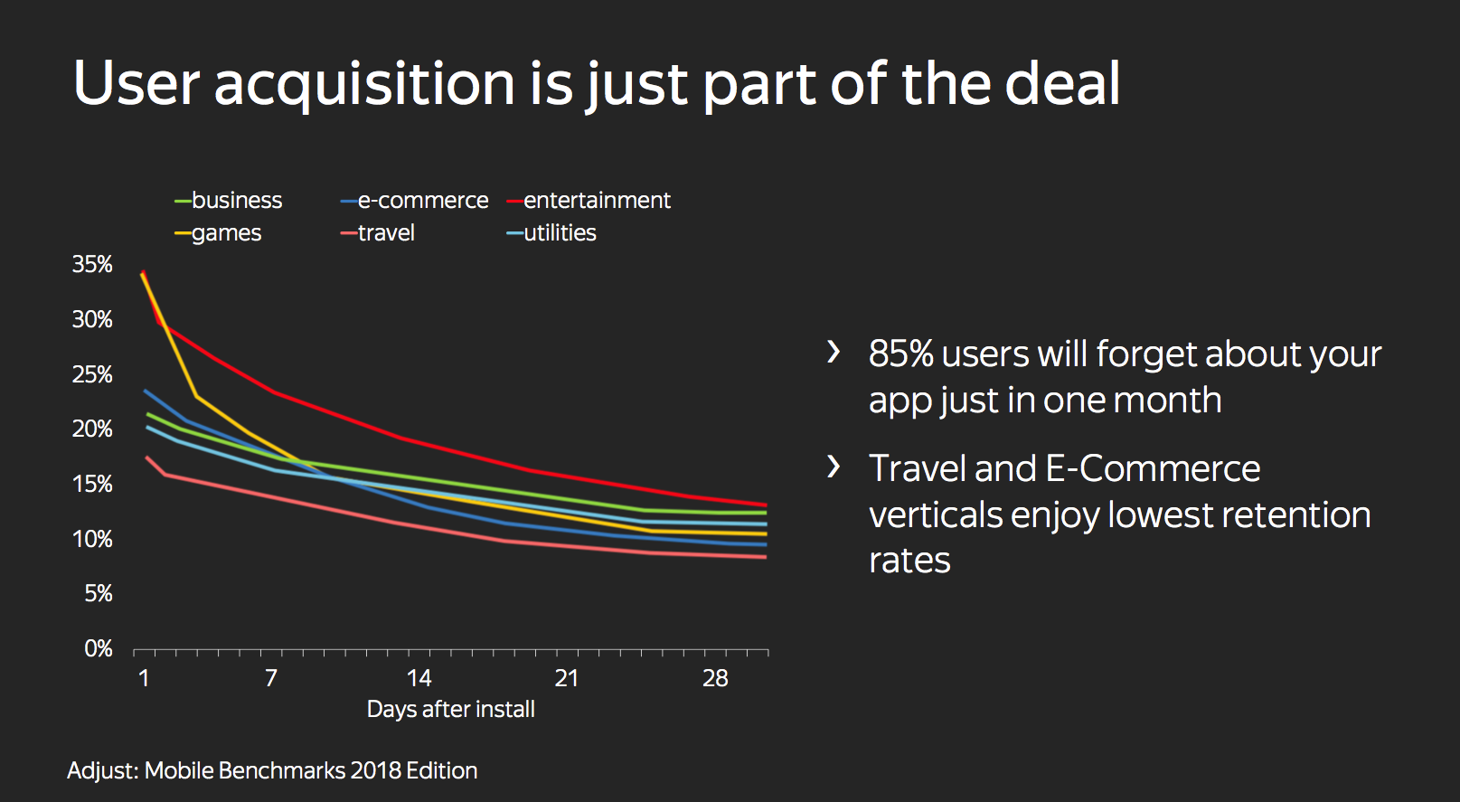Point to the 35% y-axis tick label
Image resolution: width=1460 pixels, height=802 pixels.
click(92, 265)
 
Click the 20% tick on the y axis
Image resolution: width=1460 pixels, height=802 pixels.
click(92, 429)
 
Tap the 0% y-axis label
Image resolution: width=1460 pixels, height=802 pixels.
click(98, 648)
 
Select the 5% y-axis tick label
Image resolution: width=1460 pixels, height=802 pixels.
click(98, 594)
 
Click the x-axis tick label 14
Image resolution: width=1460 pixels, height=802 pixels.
click(419, 678)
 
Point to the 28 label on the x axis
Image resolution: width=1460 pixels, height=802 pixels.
click(715, 678)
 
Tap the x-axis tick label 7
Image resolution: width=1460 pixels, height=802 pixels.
click(271, 678)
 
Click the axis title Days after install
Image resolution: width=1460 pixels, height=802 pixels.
click(450, 710)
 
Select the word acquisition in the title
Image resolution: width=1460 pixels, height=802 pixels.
click(364, 84)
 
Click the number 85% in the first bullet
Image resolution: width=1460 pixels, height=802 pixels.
click(900, 354)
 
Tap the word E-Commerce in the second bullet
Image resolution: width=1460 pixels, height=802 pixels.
click(1153, 469)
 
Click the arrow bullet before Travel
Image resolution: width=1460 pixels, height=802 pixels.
click(834, 467)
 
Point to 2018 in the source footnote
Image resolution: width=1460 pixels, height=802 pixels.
click(375, 771)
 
